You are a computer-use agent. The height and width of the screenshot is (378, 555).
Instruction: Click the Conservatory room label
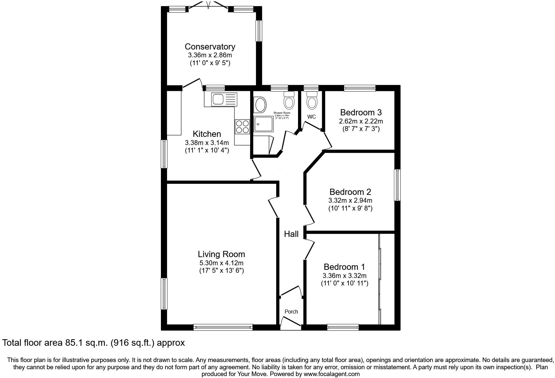coord(210,47)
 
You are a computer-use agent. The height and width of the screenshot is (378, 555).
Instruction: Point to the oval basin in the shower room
coord(260,105)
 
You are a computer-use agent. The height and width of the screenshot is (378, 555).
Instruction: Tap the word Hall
coord(291,234)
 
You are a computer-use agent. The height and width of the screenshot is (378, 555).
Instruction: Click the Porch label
coord(291,312)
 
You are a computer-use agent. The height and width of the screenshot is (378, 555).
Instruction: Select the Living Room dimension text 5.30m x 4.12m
coord(221,263)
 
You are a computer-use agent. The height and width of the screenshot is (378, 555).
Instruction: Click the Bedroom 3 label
coord(361,112)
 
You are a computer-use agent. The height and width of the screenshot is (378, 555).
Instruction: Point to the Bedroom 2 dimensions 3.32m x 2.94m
coord(350,200)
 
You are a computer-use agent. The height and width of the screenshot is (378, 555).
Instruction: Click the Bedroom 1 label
coord(344,267)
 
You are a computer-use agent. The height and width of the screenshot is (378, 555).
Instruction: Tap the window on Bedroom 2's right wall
coord(397,185)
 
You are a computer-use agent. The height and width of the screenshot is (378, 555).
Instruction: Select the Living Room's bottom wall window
coord(223,327)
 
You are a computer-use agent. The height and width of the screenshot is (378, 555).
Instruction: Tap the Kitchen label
coord(207,134)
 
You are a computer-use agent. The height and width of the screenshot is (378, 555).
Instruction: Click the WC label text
coord(311,117)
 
